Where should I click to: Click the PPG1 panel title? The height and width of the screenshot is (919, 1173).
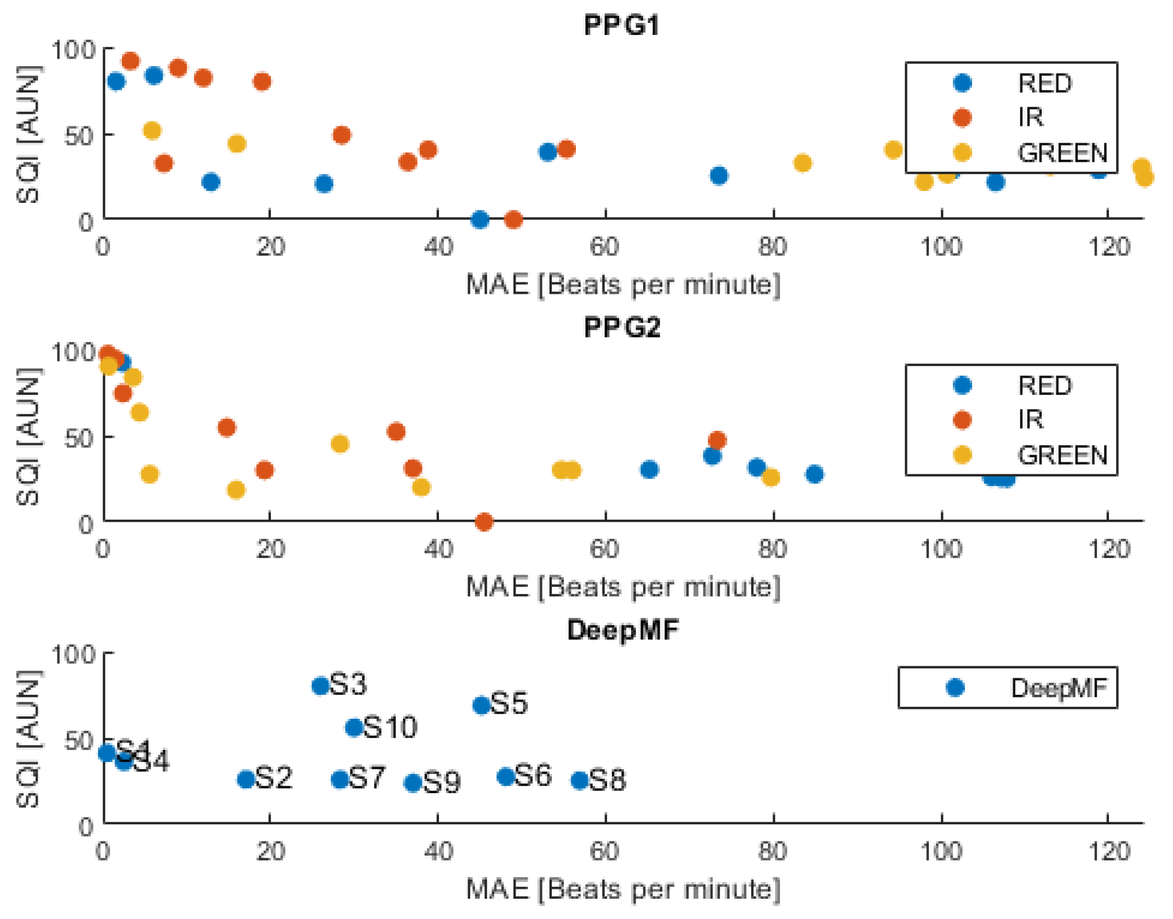point(622,25)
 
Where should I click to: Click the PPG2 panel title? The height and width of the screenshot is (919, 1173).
point(622,328)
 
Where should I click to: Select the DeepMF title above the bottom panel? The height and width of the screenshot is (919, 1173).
point(623,630)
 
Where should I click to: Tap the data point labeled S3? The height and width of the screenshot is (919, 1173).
point(320,685)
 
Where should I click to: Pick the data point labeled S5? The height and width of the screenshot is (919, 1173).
point(481,706)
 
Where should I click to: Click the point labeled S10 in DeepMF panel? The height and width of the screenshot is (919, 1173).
point(355,728)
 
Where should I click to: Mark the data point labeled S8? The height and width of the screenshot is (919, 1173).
point(580,781)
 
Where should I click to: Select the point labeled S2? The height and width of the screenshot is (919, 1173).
point(246,779)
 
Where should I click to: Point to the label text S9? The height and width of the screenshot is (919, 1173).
point(442,782)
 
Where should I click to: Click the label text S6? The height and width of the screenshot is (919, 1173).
point(533,776)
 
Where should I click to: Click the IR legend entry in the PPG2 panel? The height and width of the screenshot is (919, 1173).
point(1030,420)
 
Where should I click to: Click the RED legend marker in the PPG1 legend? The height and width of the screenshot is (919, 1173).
point(962,83)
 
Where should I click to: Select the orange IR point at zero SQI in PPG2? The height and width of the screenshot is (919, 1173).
point(484,522)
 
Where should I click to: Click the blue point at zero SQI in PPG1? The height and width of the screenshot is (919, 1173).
point(479,219)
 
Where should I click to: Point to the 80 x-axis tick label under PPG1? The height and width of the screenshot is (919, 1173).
point(772,247)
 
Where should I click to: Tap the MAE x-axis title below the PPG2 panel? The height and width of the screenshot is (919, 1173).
point(623,587)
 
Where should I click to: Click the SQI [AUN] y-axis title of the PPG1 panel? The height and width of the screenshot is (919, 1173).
point(27,135)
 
